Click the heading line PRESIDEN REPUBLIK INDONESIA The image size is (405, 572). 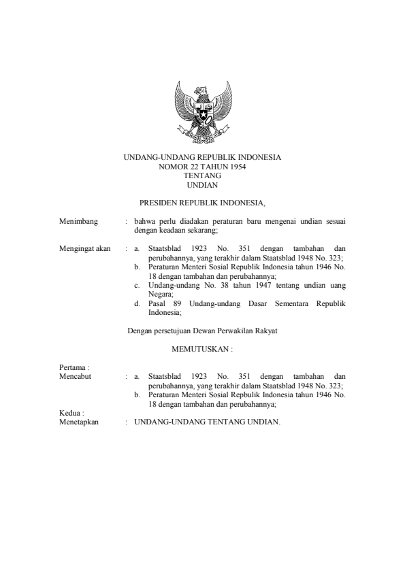[x=201, y=203]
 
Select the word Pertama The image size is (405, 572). [x=70, y=367]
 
